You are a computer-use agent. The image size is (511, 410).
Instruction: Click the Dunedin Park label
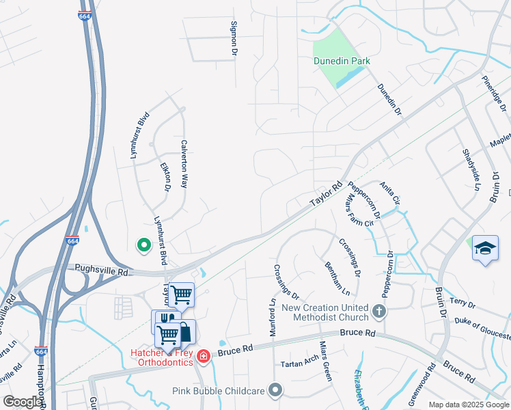pyautogui.click(x=342, y=61)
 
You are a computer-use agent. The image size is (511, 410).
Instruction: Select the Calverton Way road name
pyautogui.click(x=184, y=164)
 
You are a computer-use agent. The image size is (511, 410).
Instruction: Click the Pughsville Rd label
pyautogui.click(x=102, y=270)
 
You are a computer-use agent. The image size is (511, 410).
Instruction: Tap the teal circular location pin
pyautogui.click(x=143, y=244)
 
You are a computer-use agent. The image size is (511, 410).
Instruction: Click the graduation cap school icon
pyautogui.click(x=485, y=249)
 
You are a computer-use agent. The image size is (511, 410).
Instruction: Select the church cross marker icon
pyautogui.click(x=380, y=312)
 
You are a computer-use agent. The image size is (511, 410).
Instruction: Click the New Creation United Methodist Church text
pyautogui.click(x=324, y=312)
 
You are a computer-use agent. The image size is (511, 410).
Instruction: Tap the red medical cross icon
pyautogui.click(x=203, y=356)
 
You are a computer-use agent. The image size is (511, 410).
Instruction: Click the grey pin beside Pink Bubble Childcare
pyautogui.click(x=275, y=391)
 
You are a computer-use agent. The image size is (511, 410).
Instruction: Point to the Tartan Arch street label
pyautogui.click(x=299, y=364)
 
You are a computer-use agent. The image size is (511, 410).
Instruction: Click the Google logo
pyautogui.click(x=23, y=402)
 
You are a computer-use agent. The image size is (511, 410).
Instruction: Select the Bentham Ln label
pyautogui.click(x=332, y=277)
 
